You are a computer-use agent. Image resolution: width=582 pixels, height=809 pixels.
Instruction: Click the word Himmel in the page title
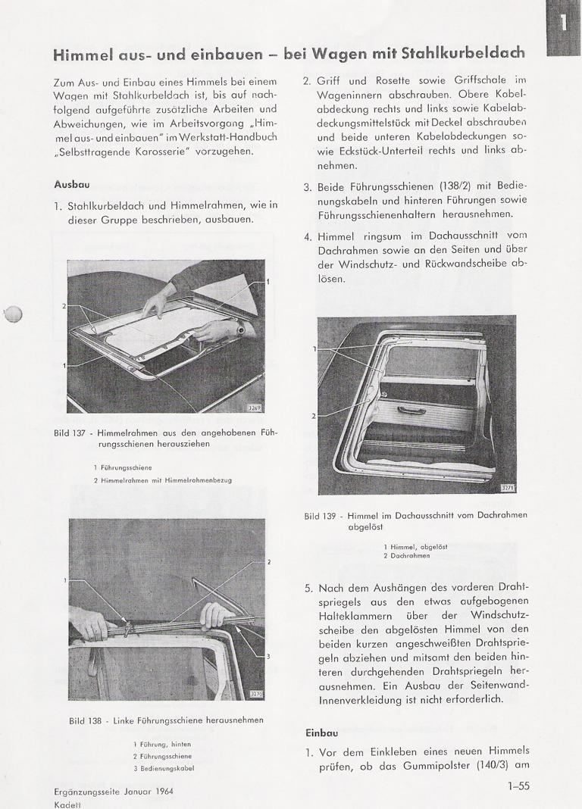coord(83,55)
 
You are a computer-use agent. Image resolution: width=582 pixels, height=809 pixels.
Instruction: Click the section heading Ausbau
coord(71,185)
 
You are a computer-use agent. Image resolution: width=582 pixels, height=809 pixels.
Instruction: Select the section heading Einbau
coord(321,732)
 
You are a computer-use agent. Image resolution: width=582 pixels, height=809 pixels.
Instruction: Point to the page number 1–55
coord(519,786)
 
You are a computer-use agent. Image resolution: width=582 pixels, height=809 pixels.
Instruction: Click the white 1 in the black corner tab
coord(563,23)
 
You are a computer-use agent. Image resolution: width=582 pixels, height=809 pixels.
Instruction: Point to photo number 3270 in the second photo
coord(258,693)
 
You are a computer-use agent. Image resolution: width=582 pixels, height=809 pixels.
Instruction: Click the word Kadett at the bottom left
coord(68,804)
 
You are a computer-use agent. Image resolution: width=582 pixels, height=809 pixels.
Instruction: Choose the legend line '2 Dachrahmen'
coord(407,555)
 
